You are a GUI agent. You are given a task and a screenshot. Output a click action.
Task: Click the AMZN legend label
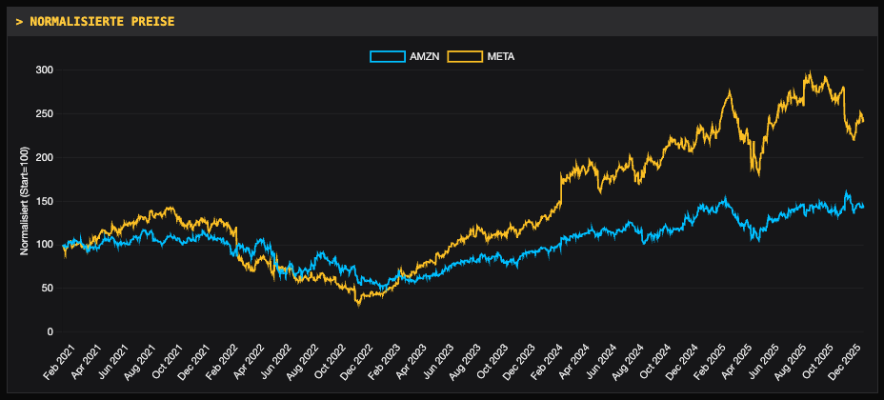click(424, 57)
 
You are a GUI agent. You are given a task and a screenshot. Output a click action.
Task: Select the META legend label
click(501, 57)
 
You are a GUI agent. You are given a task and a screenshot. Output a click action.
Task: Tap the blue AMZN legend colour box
click(388, 57)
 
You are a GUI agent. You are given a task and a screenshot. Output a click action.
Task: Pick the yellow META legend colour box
click(465, 57)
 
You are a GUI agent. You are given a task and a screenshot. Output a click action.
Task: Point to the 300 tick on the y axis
click(44, 70)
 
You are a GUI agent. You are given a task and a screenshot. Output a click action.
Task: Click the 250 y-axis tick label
click(44, 114)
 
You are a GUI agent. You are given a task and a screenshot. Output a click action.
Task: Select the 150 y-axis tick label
click(44, 201)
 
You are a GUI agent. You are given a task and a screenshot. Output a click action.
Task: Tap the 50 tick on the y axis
click(47, 288)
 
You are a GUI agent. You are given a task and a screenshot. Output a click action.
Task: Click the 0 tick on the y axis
click(50, 331)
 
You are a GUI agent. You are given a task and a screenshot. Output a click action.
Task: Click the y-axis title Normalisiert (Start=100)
click(25, 201)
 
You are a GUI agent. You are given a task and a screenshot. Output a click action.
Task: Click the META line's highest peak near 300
click(809, 72)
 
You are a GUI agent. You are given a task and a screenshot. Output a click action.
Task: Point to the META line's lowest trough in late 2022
click(358, 305)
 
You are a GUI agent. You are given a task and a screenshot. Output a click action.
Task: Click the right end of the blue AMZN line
click(863, 206)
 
